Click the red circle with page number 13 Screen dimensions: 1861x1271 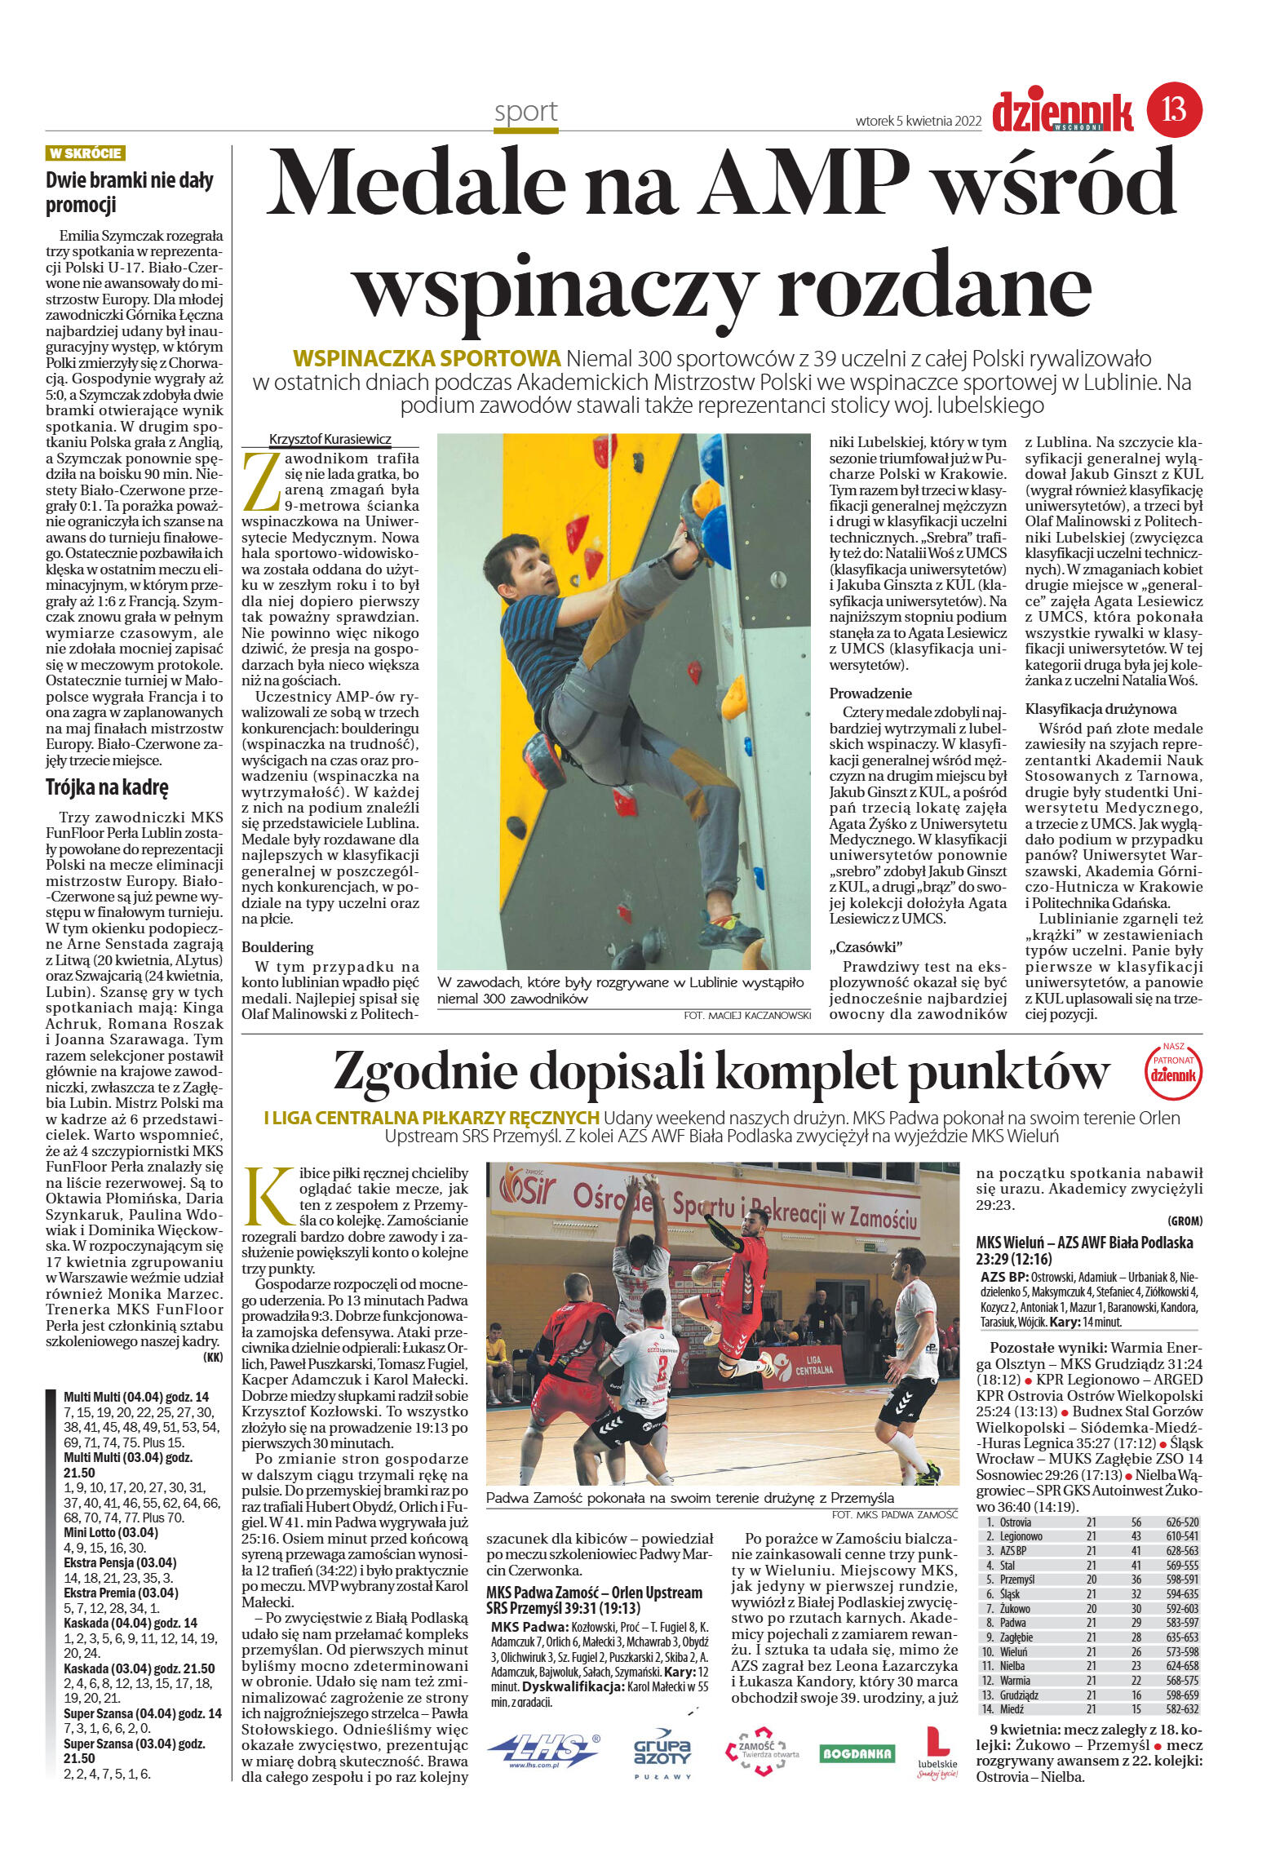click(x=1174, y=109)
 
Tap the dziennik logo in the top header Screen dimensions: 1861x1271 click(x=1062, y=112)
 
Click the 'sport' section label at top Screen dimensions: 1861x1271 click(x=525, y=112)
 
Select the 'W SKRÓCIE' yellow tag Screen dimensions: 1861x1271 click(x=86, y=153)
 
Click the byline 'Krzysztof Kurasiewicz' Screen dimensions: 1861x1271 click(x=330, y=439)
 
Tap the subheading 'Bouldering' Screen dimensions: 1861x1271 click(x=277, y=947)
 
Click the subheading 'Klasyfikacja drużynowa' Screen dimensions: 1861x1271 click(x=1100, y=709)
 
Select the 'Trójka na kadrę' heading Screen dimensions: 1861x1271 click(x=107, y=788)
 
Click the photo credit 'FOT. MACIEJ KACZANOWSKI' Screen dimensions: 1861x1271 click(x=747, y=1016)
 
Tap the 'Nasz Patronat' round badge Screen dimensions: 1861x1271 click(x=1173, y=1069)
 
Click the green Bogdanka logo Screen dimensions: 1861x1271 click(x=857, y=1752)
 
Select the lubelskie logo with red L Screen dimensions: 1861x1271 click(x=937, y=1751)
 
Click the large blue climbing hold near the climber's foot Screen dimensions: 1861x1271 click(x=715, y=535)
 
